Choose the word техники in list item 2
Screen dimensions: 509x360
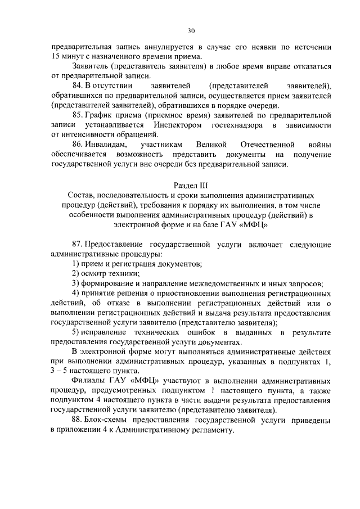pos(118,274)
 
